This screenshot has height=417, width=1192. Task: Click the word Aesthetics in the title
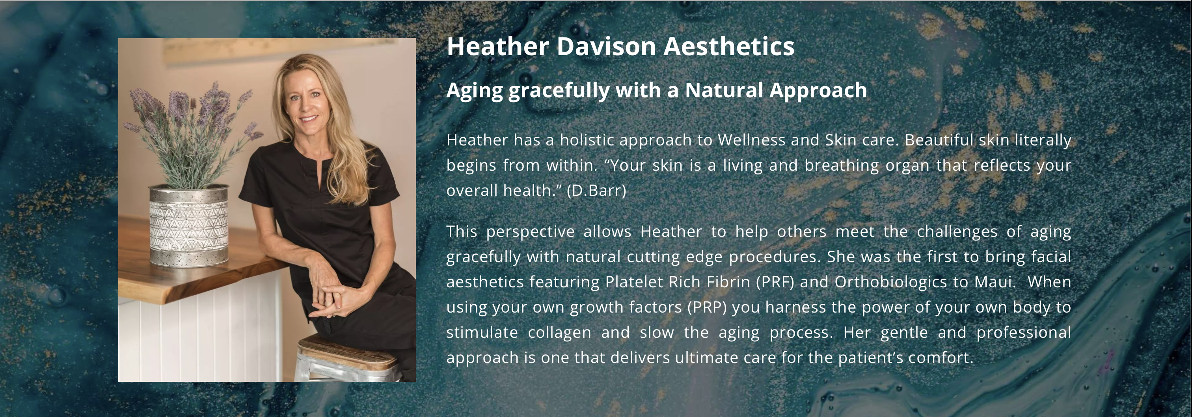[728, 47]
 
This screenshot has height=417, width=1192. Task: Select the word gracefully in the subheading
[559, 91]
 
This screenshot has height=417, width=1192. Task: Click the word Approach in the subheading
[818, 91]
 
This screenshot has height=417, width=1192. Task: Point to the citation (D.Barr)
[596, 190]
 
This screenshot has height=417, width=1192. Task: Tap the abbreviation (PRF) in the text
[775, 282]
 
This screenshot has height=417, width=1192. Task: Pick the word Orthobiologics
[891, 282]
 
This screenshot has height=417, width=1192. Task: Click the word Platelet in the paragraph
[633, 282]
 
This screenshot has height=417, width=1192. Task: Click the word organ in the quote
[907, 166]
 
